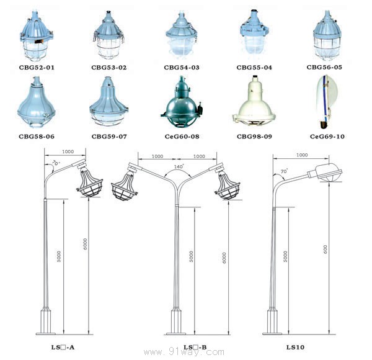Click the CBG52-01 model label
point(37,68)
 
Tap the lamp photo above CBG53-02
point(108,35)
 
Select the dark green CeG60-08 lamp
point(182,102)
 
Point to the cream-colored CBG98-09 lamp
point(254,101)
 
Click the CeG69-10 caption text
point(327,137)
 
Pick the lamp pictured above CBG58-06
point(37,102)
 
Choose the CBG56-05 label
point(324,67)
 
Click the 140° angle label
point(179,166)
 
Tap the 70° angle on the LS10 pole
point(284,171)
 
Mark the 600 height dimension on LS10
point(325,250)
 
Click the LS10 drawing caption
point(295,347)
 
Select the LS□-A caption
point(63,347)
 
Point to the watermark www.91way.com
point(184,352)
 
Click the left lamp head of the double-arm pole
point(125,183)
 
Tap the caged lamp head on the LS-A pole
point(89,181)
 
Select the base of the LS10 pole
point(272,322)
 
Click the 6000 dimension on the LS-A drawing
point(85,244)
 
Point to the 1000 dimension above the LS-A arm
point(68,151)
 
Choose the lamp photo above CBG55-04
point(254,34)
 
